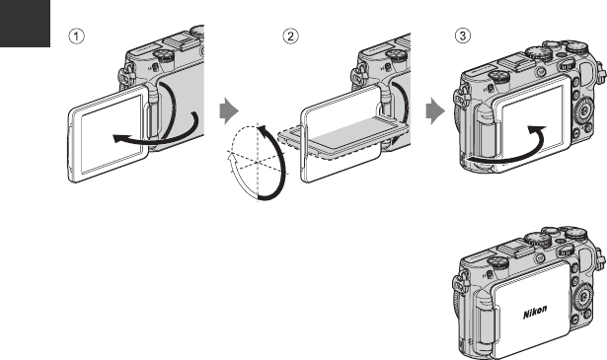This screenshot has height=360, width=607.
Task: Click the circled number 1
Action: [76, 36]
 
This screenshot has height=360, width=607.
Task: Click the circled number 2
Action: [291, 36]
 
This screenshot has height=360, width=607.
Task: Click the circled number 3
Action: [462, 36]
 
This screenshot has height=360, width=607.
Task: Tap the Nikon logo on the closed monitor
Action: [535, 312]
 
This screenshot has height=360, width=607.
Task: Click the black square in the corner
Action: [25, 24]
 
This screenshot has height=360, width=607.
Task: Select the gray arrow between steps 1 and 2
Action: [229, 111]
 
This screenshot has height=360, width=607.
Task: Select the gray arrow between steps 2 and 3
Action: [436, 111]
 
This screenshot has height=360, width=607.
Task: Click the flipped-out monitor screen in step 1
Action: [112, 134]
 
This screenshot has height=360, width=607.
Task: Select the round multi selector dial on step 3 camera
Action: [583, 110]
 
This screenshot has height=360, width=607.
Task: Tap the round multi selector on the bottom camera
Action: [583, 297]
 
